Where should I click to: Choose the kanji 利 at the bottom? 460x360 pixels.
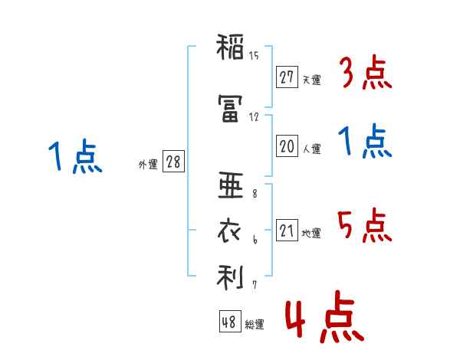coord(229,277)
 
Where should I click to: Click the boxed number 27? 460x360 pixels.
coord(287,77)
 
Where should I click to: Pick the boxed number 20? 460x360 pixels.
coord(287,146)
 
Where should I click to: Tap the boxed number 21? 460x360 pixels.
coord(287,230)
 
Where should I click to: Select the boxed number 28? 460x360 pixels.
coord(173,162)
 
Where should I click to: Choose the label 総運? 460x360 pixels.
coord(255,325)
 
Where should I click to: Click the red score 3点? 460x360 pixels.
coord(365,74)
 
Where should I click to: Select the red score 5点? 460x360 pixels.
coord(365,224)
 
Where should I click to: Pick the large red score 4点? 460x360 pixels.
coord(323,319)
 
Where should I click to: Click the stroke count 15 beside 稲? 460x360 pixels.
coord(254,56)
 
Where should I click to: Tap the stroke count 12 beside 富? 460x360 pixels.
coord(254,116)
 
